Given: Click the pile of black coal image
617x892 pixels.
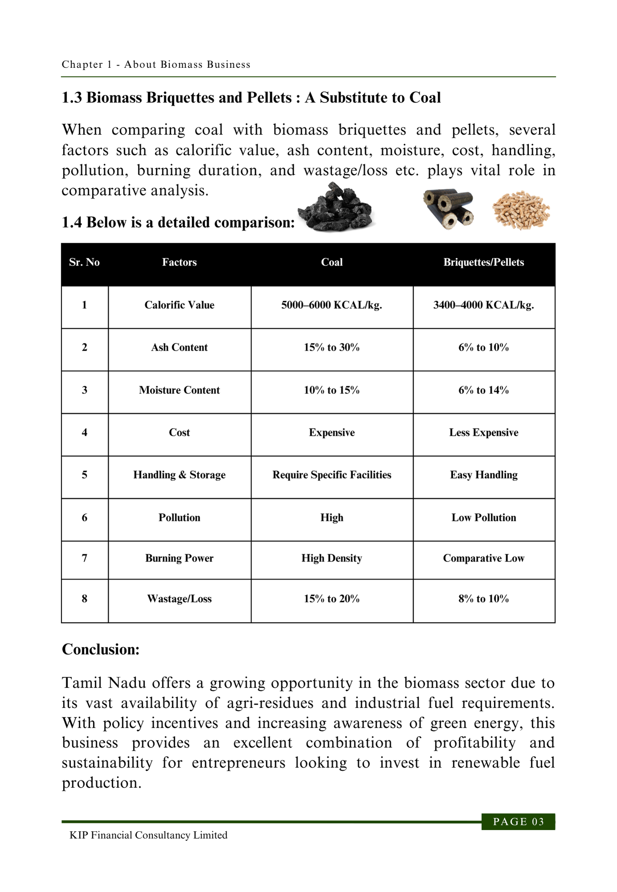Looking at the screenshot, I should click(336, 208).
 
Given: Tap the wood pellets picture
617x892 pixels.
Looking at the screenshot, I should click(521, 210).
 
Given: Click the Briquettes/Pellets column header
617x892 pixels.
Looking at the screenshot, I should click(484, 262).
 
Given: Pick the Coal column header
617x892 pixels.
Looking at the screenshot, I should click(332, 262).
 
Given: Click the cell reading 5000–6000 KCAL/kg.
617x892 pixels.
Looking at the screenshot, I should click(332, 305).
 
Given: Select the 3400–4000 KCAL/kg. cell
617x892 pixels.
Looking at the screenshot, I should click(484, 305).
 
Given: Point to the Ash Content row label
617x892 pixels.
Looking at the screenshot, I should click(179, 347).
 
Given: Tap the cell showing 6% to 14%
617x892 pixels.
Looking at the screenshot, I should click(484, 390).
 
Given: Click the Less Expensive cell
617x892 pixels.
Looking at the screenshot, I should click(484, 433).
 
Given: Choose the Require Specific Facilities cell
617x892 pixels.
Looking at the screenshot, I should click(332, 475).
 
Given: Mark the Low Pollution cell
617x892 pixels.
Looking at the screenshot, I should click(484, 518).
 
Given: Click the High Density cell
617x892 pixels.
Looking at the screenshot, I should click(332, 558).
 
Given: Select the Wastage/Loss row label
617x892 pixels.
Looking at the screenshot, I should click(179, 599).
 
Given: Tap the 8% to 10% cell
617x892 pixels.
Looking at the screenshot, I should click(484, 599).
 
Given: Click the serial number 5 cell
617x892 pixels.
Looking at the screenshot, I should click(85, 475).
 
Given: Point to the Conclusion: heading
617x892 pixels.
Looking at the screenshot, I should click(101, 649).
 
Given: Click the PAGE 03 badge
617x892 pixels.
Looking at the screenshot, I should click(518, 822).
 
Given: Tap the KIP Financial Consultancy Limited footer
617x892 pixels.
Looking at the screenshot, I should click(148, 835).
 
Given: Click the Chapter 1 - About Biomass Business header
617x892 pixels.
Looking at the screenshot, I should click(156, 65).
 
